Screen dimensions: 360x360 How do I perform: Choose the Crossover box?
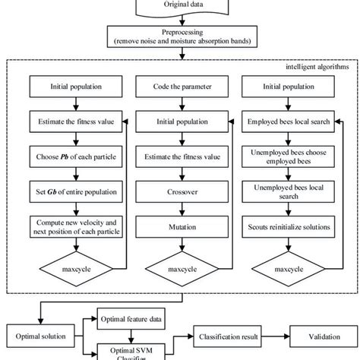pos(180,194)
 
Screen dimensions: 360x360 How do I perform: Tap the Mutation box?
pos(180,226)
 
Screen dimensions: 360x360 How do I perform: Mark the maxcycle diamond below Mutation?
pos(180,268)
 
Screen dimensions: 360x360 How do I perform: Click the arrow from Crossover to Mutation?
pos(180,210)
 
